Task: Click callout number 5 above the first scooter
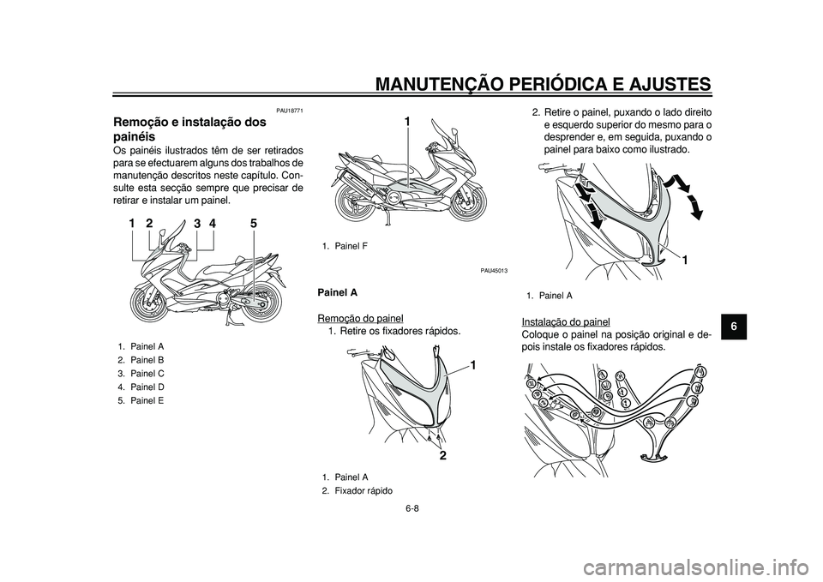(254, 223)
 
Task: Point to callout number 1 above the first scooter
(133, 223)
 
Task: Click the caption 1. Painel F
(339, 246)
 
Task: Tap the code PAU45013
(494, 270)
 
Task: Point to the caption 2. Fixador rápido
(358, 490)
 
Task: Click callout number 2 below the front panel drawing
(443, 456)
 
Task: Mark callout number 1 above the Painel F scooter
(407, 122)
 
